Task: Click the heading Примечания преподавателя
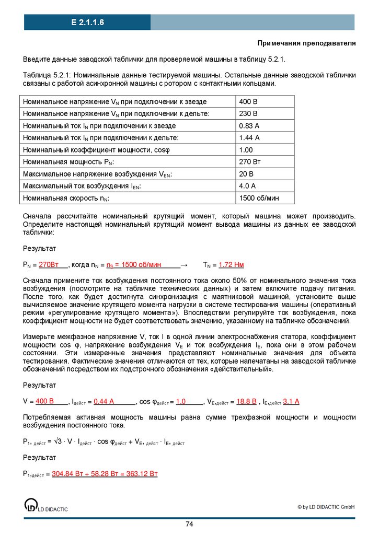(x=306, y=43)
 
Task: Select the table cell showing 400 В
(x=248, y=101)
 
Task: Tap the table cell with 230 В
(x=248, y=113)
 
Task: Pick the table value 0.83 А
(x=249, y=125)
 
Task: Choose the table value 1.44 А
(x=249, y=137)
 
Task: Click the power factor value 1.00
(x=247, y=150)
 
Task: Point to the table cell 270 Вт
(x=250, y=162)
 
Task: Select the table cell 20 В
(x=246, y=174)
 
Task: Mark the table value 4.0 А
(x=247, y=186)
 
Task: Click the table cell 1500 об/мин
(x=259, y=199)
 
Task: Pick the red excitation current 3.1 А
(x=291, y=401)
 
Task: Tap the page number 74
(x=190, y=524)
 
